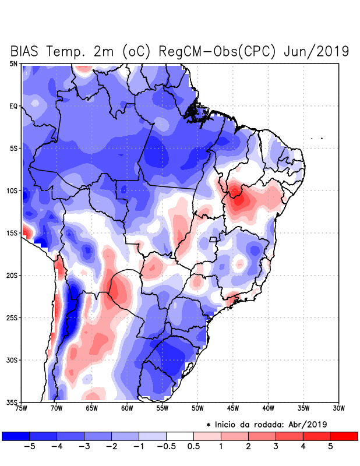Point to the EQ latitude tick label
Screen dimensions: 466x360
[13, 106]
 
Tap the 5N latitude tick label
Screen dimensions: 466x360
[13, 63]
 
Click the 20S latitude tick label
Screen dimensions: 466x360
[12, 276]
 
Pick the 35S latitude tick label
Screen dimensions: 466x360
[12, 403]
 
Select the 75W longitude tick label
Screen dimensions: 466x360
[21, 409]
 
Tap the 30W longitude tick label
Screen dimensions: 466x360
[338, 409]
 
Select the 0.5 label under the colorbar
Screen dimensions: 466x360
[194, 447]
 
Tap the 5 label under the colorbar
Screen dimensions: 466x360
[330, 447]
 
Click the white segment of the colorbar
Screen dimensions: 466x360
[180, 436]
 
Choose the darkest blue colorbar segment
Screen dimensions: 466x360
[16, 436]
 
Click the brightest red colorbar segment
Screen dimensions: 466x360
[344, 436]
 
